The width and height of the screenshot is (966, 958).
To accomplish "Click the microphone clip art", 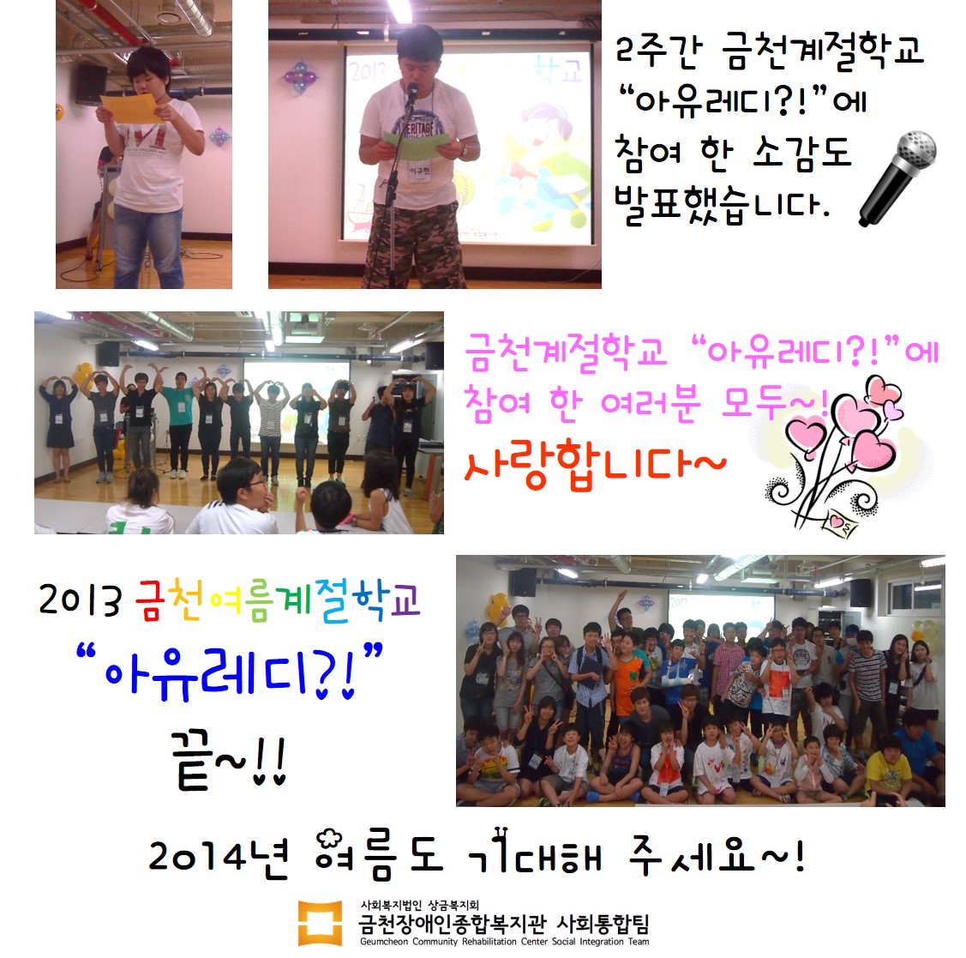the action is (x=897, y=178).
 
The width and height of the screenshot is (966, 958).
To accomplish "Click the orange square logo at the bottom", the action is (x=320, y=923).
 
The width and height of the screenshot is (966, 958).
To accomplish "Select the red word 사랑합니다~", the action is (x=595, y=464).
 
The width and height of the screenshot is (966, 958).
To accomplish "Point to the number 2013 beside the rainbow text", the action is (x=80, y=600).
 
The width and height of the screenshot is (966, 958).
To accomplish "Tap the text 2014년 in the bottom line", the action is (x=219, y=856).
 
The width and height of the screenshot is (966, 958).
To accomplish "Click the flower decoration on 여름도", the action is (x=330, y=841).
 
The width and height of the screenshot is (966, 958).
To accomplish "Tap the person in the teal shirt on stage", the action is (x=180, y=425).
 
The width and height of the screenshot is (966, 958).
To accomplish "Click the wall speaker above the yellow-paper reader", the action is (x=91, y=84).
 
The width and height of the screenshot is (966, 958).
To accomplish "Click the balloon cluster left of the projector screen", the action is (x=300, y=78).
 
